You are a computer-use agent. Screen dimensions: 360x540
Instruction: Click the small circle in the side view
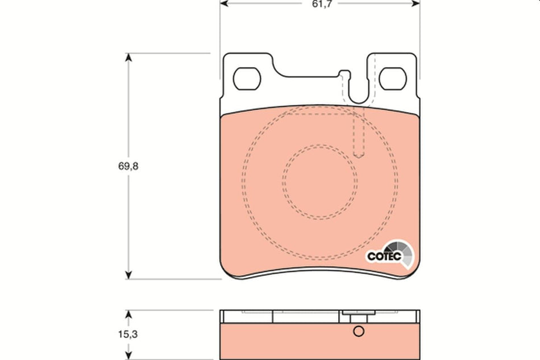pyautogui.click(x=358, y=332)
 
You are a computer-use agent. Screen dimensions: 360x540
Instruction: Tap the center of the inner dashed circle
pyautogui.click(x=321, y=180)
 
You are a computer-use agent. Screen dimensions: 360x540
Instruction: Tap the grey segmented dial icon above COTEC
pyautogui.click(x=402, y=247)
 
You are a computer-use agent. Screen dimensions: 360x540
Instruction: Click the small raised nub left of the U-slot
pyautogui.click(x=342, y=73)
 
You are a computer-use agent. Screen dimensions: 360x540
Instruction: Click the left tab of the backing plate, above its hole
pyautogui.click(x=248, y=60)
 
